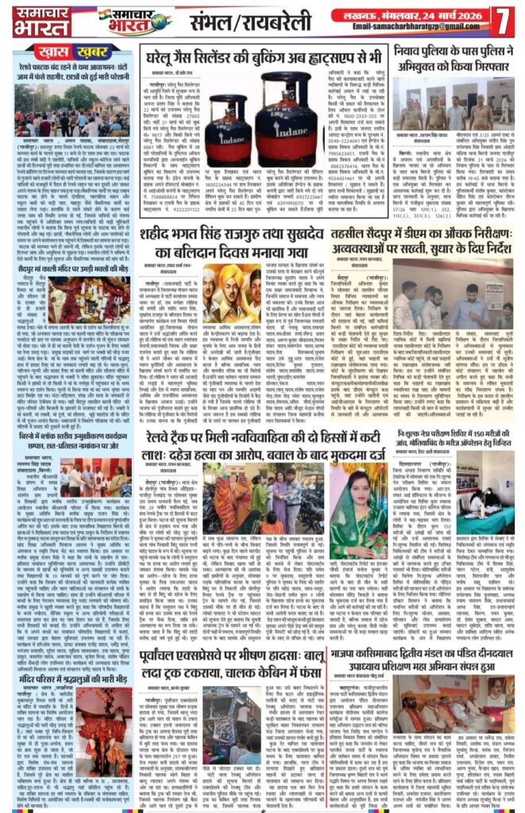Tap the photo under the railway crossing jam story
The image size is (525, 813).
pos(67,110)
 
